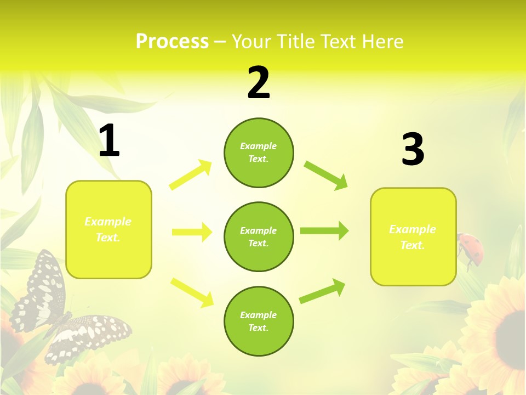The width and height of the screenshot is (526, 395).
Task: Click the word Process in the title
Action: click(x=172, y=42)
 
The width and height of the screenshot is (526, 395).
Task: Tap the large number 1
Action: click(x=109, y=141)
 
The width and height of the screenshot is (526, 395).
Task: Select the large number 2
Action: click(x=259, y=83)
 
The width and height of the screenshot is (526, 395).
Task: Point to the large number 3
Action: click(x=413, y=150)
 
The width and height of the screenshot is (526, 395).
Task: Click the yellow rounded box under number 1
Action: click(x=108, y=229)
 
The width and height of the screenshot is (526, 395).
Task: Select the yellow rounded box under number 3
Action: click(x=413, y=236)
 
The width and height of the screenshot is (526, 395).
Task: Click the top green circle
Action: click(x=259, y=153)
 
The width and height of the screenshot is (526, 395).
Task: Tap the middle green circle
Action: click(x=259, y=236)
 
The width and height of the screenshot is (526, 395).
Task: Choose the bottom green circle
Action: click(x=259, y=321)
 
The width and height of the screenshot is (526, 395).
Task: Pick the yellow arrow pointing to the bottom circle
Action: click(x=192, y=292)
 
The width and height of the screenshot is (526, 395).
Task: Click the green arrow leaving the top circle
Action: click(x=325, y=175)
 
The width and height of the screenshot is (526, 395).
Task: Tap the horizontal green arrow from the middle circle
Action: click(x=324, y=231)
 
